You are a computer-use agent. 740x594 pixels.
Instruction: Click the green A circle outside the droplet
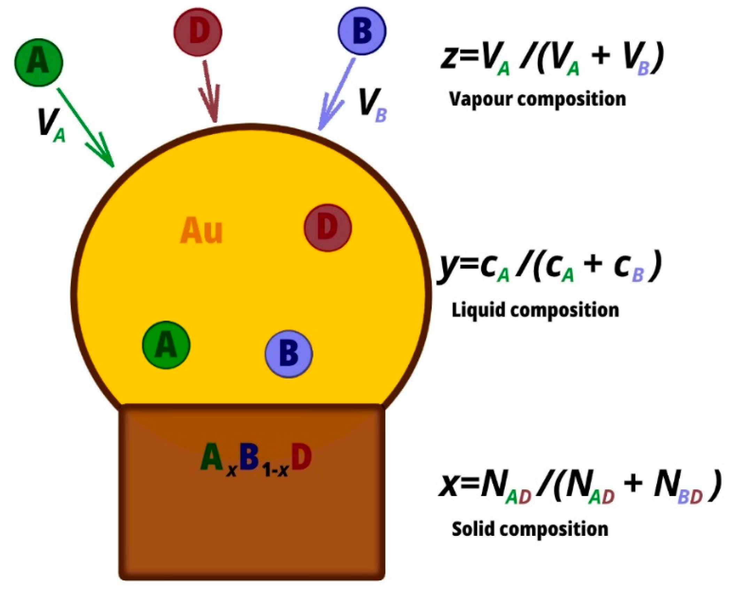coord(39,62)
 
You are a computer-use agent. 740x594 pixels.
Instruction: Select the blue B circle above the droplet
coord(362,31)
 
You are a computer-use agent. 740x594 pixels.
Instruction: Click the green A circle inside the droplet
coord(166,345)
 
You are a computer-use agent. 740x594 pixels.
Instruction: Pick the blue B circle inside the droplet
coord(289,354)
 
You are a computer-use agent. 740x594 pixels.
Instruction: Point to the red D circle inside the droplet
coord(328,227)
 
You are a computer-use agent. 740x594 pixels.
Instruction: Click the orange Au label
coord(201,231)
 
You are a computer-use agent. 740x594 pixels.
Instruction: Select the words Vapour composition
coord(537,99)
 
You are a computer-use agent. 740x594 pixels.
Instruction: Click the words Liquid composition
coord(535,310)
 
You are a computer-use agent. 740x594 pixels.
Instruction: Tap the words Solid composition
coord(530,529)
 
